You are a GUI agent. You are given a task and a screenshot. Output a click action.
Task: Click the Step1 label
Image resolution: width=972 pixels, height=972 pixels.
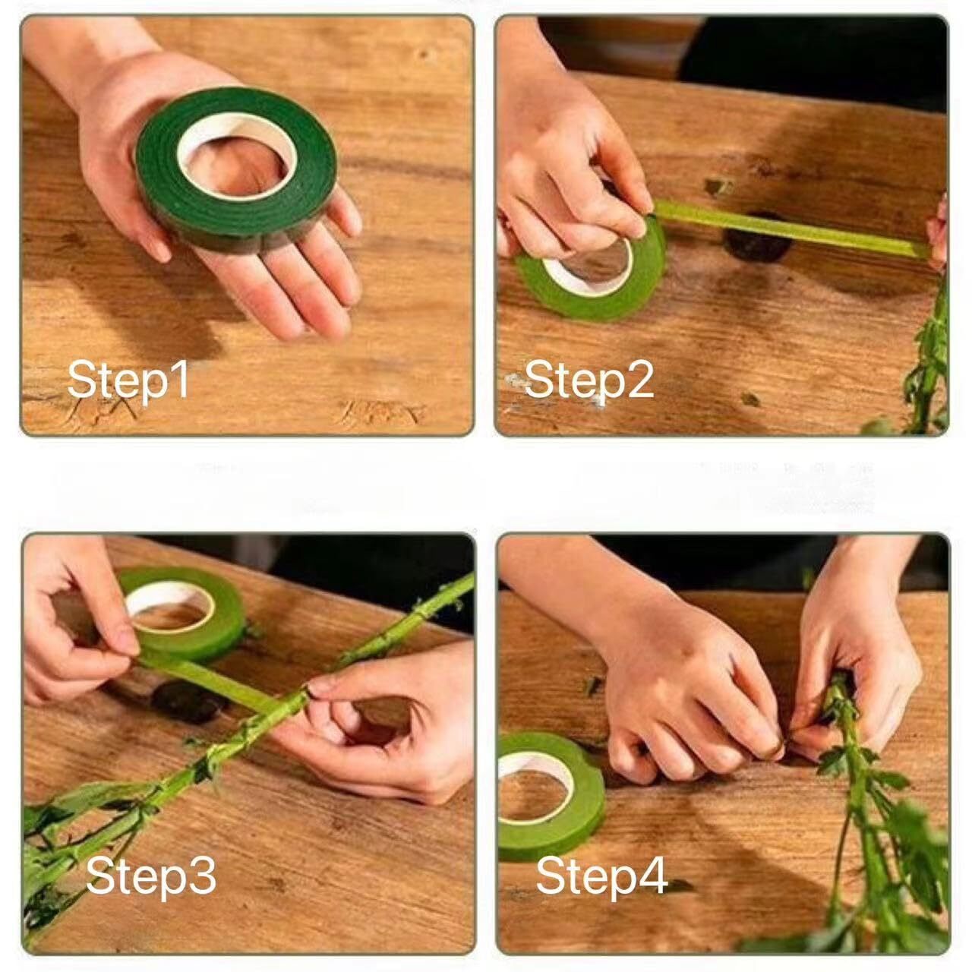pos(128,380)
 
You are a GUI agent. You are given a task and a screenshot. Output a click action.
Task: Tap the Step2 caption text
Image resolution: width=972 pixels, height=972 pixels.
pos(589,380)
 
